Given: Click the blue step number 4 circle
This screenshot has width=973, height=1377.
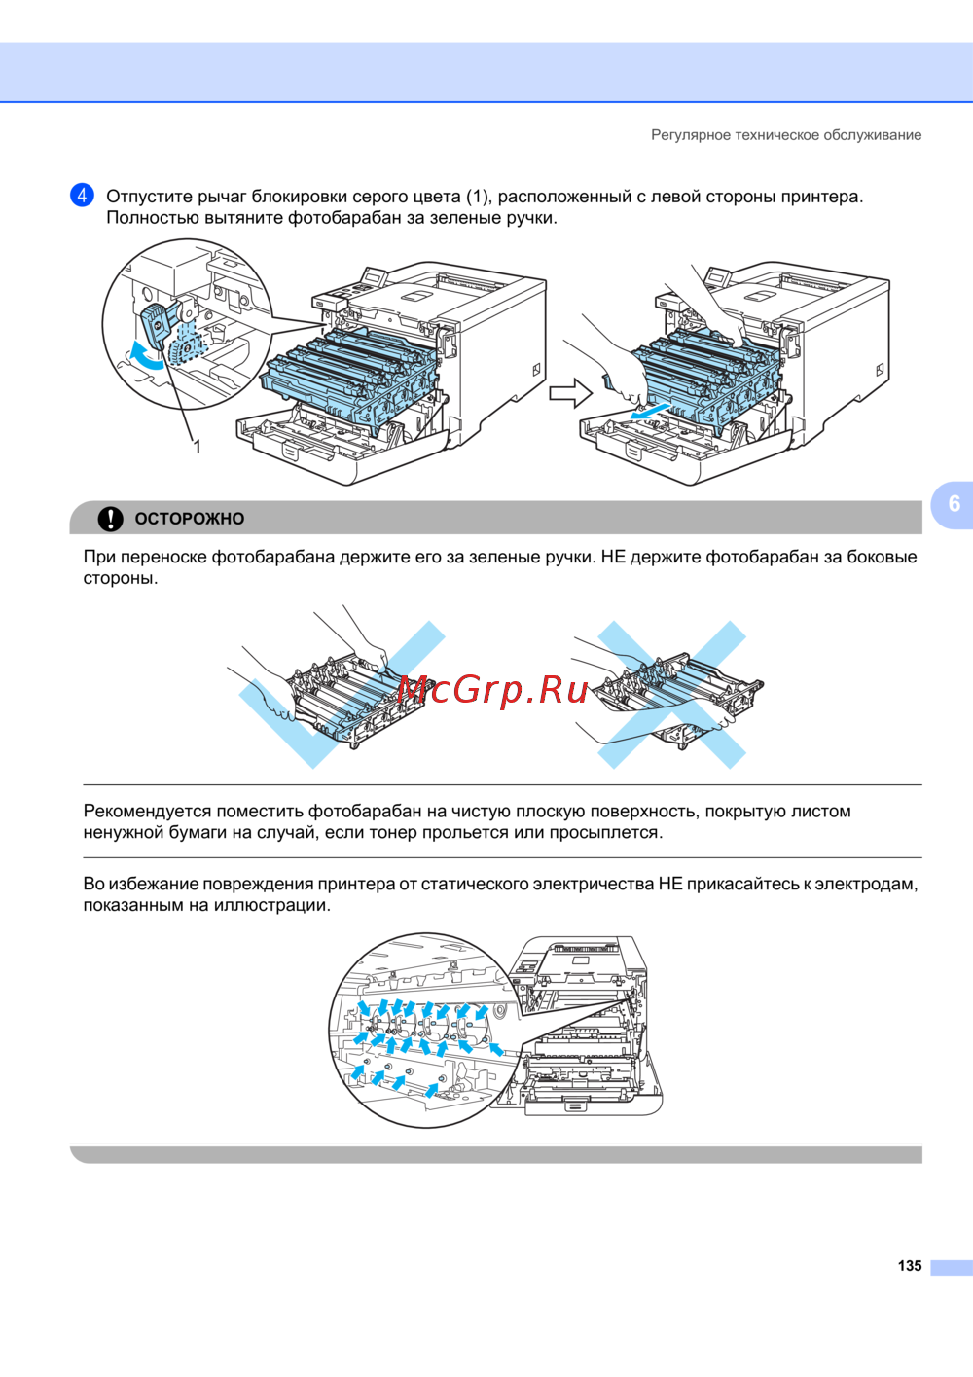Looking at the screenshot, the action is (x=82, y=195).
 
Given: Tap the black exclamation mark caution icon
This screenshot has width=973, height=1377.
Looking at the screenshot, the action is (x=111, y=519).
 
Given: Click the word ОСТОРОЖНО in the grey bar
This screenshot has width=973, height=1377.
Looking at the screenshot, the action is (x=190, y=519).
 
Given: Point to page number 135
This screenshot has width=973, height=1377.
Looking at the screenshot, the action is (x=910, y=1266).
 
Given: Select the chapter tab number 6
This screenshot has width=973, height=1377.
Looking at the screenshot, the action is (x=954, y=503).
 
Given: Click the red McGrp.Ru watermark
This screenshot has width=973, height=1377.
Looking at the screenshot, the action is (x=492, y=691).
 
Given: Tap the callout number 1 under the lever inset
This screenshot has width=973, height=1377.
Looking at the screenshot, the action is (x=198, y=447).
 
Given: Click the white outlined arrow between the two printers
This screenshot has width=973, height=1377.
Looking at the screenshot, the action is (x=570, y=392).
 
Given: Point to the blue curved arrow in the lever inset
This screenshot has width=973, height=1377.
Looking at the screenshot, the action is (x=146, y=356).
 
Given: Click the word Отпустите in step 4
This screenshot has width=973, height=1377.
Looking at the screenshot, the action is (x=149, y=198).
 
